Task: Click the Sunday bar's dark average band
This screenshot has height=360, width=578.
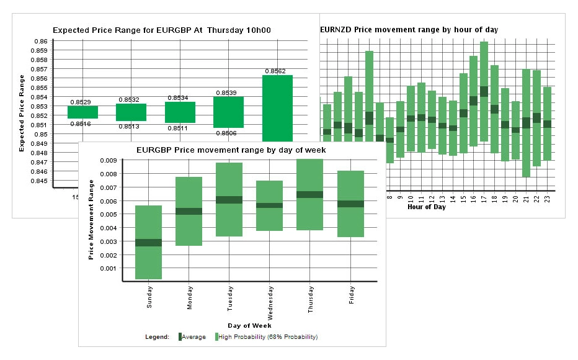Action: coord(148,243)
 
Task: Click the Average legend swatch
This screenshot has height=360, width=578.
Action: coord(180,337)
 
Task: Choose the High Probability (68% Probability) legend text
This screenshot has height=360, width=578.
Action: coord(268,337)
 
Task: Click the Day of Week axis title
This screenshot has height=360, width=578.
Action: coord(249,325)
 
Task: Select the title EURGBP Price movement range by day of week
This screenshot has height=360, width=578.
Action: coord(231,150)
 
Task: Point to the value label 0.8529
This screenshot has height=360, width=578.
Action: coord(81,102)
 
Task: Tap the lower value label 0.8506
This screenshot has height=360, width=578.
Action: coord(225,133)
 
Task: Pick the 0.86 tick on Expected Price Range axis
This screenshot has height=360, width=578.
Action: coord(42,41)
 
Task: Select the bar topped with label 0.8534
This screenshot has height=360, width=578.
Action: coord(180,112)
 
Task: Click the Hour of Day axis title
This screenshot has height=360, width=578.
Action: coord(426,207)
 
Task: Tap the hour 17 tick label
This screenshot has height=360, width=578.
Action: coord(484,198)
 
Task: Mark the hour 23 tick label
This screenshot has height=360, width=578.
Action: coord(547,198)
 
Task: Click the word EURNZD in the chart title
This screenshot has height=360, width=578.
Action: coord(336,30)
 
